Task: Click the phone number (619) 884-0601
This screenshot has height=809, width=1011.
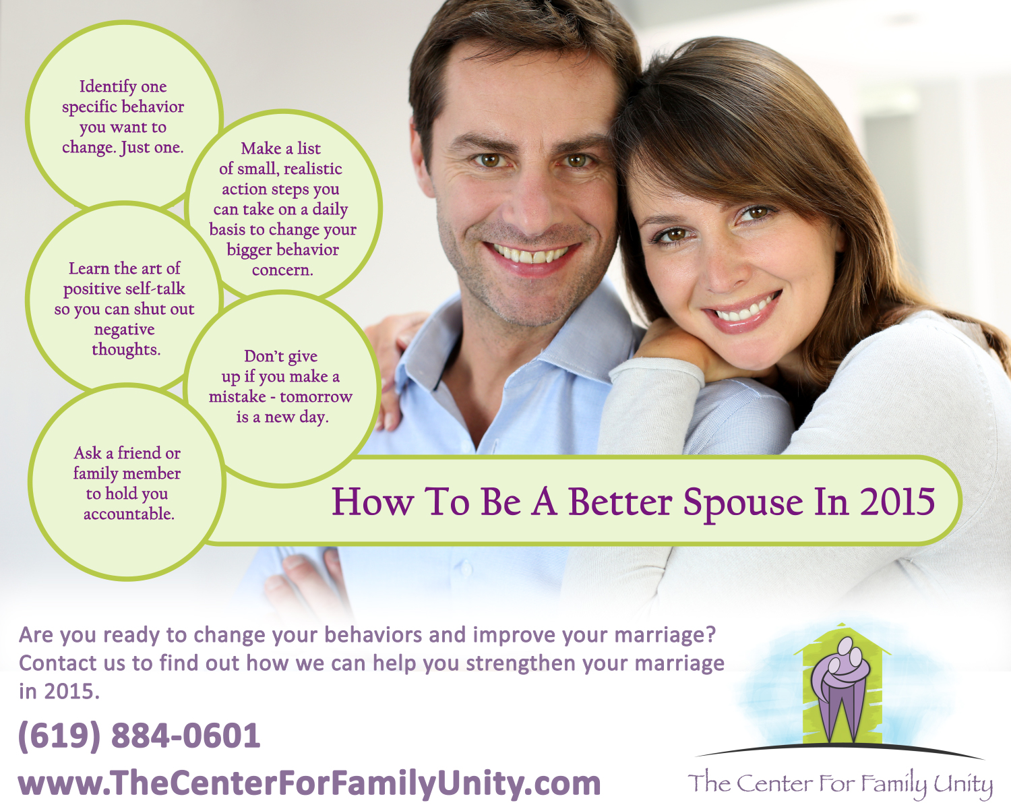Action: pos(139,736)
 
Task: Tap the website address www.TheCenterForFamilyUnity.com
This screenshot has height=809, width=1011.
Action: pos(309,783)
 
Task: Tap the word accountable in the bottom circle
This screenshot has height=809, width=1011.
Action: pos(129,514)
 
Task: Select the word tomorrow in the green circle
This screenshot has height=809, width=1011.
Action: pos(316,396)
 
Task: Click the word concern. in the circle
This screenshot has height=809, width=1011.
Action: pos(282,270)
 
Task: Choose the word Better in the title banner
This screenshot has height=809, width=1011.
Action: pos(620,502)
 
